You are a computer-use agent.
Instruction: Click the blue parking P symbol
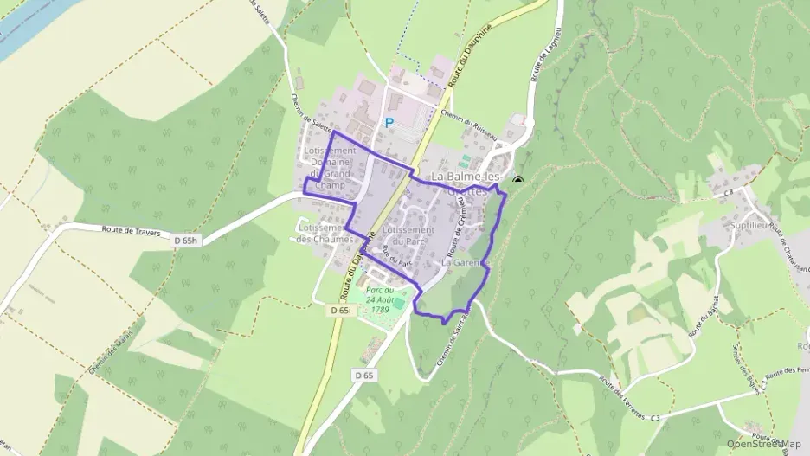point(389,123)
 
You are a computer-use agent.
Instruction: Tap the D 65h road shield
point(187,241)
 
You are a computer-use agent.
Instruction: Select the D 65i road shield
point(340,309)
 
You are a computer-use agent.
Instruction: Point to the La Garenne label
point(466,261)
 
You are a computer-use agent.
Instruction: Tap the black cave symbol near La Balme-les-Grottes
point(518,181)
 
